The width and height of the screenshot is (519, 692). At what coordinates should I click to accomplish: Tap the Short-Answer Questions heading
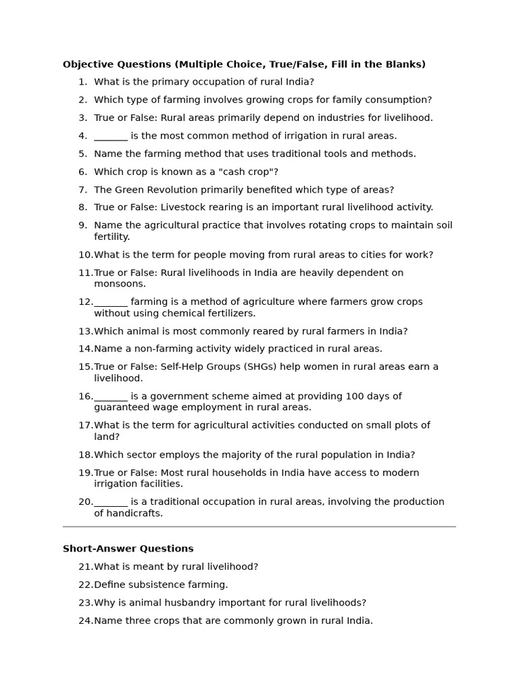pyautogui.click(x=128, y=549)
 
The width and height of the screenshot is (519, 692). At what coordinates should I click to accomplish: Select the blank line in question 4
pyautogui.click(x=111, y=137)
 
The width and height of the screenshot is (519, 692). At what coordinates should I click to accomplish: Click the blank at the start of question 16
pyautogui.click(x=111, y=397)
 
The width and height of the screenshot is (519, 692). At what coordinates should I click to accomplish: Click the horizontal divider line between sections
pyautogui.click(x=259, y=526)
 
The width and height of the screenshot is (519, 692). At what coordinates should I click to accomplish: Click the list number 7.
pyautogui.click(x=82, y=190)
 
